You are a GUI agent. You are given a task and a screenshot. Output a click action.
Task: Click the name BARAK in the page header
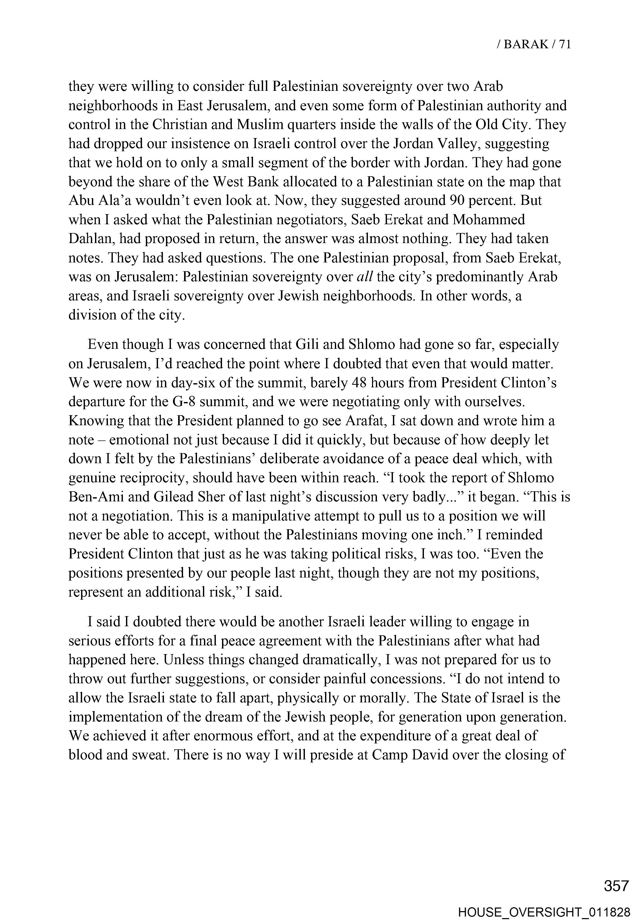525,44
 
